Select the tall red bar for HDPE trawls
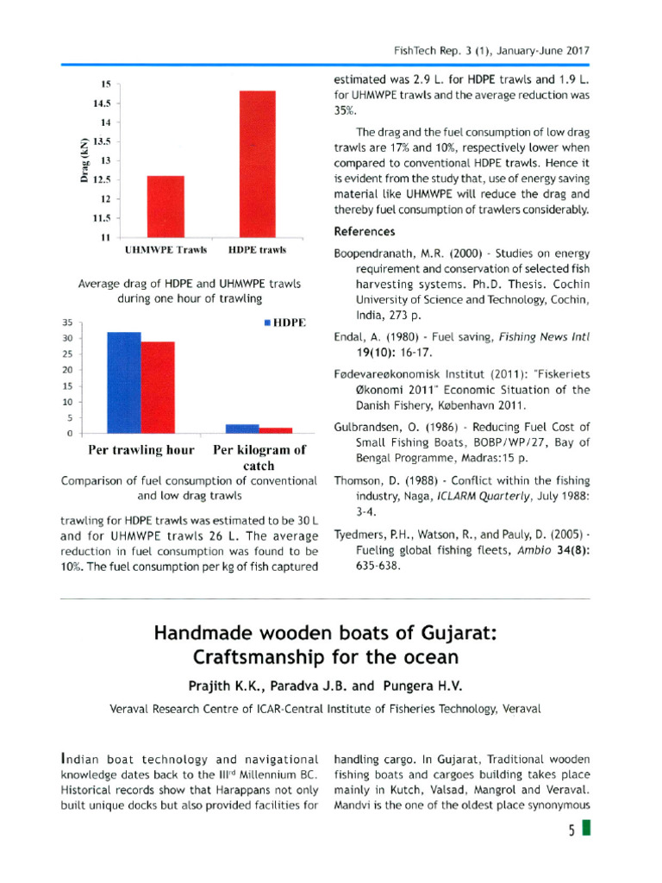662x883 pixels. point(257,163)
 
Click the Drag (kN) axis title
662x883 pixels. point(84,160)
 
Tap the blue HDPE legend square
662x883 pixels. point(268,323)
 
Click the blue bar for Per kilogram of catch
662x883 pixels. point(242,428)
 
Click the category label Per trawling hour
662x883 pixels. point(142,450)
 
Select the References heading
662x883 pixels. point(364,232)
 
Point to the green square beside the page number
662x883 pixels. point(586,830)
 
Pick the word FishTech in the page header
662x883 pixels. point(411,50)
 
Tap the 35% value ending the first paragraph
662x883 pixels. point(346,111)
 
